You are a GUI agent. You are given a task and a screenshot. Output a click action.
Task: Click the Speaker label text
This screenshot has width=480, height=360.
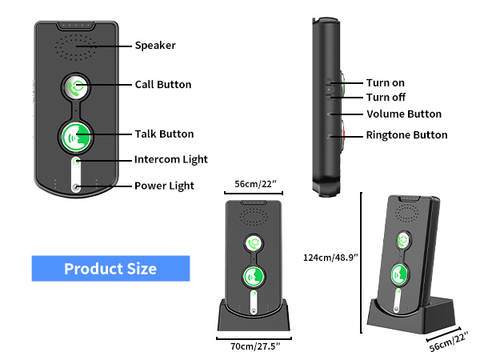154,46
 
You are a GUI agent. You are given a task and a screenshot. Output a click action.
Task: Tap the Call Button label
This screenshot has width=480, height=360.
162,85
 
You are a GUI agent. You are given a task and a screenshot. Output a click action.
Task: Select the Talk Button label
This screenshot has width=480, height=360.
164,134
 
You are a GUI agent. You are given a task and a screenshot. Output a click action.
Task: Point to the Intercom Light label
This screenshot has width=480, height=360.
170,159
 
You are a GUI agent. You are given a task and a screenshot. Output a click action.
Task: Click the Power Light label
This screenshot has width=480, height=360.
164,186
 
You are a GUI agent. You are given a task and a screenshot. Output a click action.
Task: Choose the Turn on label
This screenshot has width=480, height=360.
386,83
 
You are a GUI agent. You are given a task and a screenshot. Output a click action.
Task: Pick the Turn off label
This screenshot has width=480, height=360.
386,97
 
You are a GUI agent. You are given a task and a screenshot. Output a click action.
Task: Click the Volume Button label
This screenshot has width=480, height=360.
404,114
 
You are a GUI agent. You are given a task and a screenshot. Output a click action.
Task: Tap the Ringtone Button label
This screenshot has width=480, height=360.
406,135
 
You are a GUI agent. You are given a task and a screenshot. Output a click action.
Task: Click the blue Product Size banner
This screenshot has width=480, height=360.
110,269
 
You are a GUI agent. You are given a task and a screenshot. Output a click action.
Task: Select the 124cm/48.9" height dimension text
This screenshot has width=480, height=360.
330,258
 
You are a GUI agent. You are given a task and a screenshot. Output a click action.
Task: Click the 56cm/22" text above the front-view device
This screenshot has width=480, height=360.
254,184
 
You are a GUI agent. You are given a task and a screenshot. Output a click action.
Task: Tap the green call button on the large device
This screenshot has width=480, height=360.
77,88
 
